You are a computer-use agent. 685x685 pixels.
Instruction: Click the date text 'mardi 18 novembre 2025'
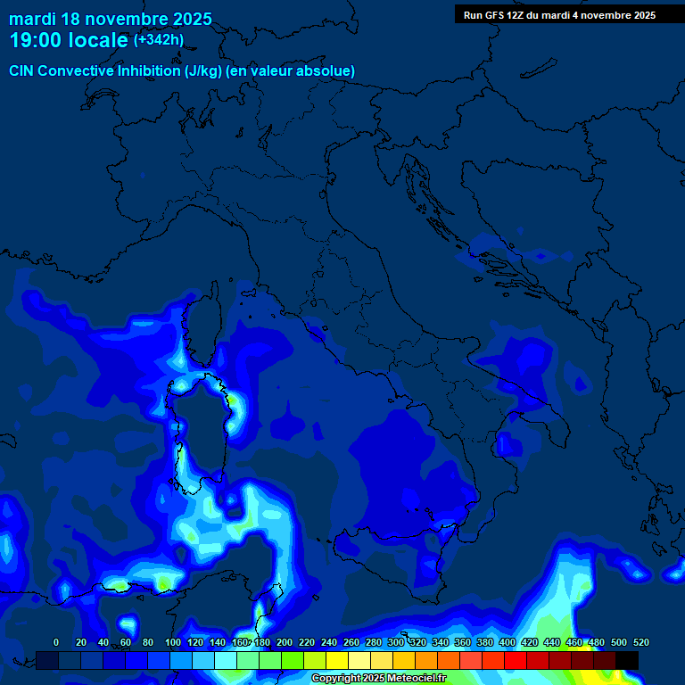111,19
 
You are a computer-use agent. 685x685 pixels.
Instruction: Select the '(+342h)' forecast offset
158,40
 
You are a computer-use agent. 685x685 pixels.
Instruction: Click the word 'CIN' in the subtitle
22,70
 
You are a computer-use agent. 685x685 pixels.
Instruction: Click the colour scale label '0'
56,642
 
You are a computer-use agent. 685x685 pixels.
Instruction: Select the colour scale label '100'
173,642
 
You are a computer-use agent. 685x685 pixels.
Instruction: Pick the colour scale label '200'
285,642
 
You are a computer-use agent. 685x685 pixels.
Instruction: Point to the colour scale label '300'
396,642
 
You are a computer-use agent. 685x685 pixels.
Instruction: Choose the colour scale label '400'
508,642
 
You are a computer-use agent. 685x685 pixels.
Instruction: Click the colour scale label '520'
640,642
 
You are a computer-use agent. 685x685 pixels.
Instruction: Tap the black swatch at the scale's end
627,660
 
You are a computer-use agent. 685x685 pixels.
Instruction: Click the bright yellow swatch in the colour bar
337,660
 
